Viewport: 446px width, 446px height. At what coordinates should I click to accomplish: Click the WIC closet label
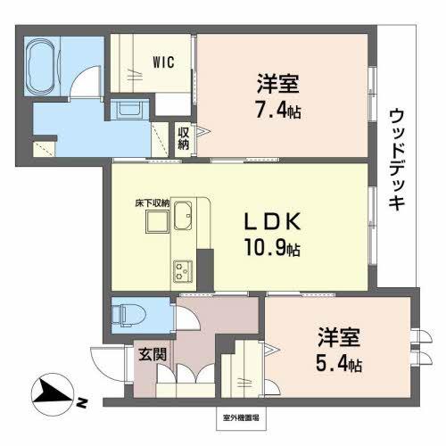161,62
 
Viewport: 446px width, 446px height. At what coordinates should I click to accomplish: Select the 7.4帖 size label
278,111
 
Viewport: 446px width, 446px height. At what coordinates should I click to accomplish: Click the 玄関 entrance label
151,353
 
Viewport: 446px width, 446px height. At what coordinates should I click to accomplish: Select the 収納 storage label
183,138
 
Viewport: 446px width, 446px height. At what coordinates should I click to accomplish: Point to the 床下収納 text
152,203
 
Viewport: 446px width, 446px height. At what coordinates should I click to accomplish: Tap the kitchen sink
186,215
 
